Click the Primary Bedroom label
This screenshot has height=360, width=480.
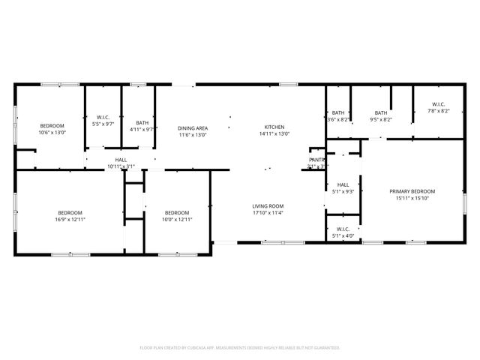[x=412, y=191]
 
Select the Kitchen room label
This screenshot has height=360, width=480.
[x=274, y=127]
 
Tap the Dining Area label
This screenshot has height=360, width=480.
[x=193, y=128]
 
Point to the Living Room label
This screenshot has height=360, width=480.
[x=267, y=205]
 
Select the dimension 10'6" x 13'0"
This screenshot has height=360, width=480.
[x=52, y=133]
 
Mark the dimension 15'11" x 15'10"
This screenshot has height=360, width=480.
[x=412, y=198]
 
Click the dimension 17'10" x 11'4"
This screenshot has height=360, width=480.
[x=267, y=212]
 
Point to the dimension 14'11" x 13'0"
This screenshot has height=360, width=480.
[x=274, y=133]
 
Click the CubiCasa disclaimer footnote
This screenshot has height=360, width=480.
[x=240, y=348]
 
